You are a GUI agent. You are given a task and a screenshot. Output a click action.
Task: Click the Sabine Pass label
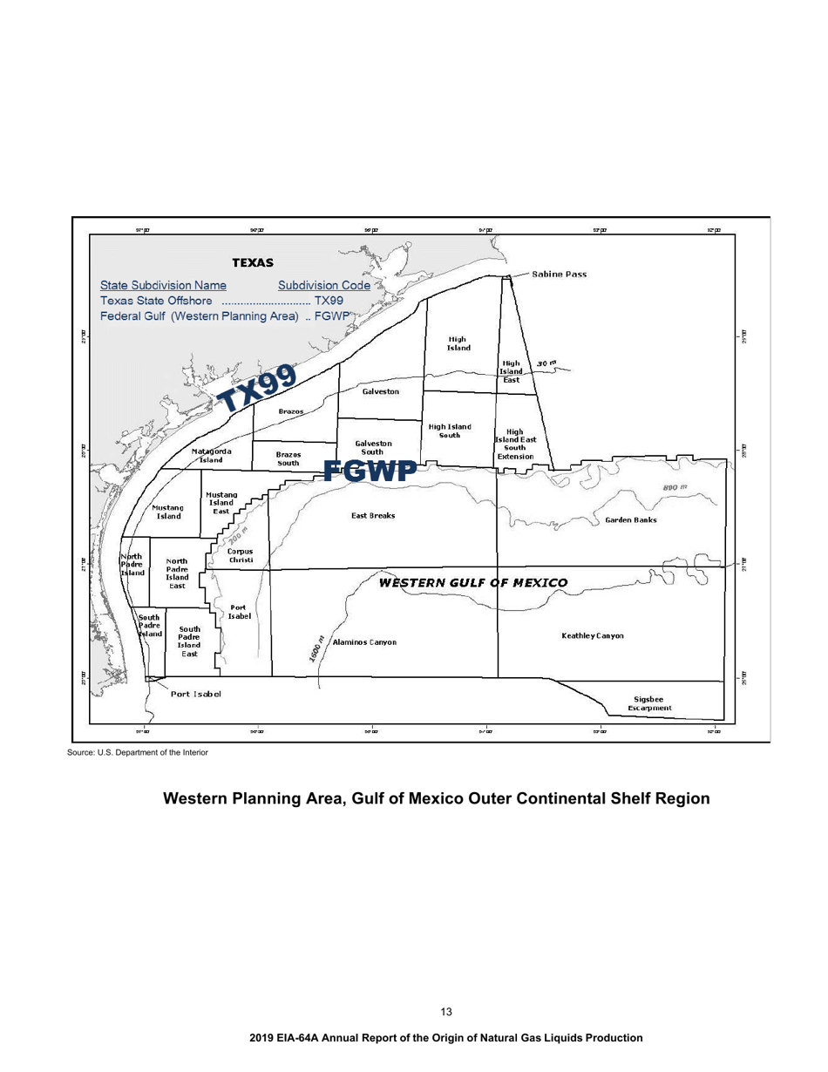point(559,274)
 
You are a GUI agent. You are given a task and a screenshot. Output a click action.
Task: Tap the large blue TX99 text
point(257,385)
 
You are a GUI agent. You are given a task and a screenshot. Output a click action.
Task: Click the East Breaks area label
point(373,516)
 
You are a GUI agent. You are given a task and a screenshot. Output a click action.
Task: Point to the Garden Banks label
point(630,520)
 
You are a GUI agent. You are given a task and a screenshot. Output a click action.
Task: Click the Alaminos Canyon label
point(365,642)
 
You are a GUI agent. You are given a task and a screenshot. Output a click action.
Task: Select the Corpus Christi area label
point(240,555)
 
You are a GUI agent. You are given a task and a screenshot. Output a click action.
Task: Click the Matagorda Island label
point(211,455)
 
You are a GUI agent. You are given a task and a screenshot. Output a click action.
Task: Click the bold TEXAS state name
point(253,261)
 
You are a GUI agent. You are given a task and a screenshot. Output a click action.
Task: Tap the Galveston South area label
point(373,448)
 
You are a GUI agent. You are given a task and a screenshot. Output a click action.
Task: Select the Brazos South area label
point(288,458)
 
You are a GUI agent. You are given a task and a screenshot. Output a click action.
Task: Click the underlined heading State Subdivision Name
point(164,285)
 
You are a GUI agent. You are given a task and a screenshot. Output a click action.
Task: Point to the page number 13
point(446,1012)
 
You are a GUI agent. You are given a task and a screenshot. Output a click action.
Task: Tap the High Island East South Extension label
point(514,444)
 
